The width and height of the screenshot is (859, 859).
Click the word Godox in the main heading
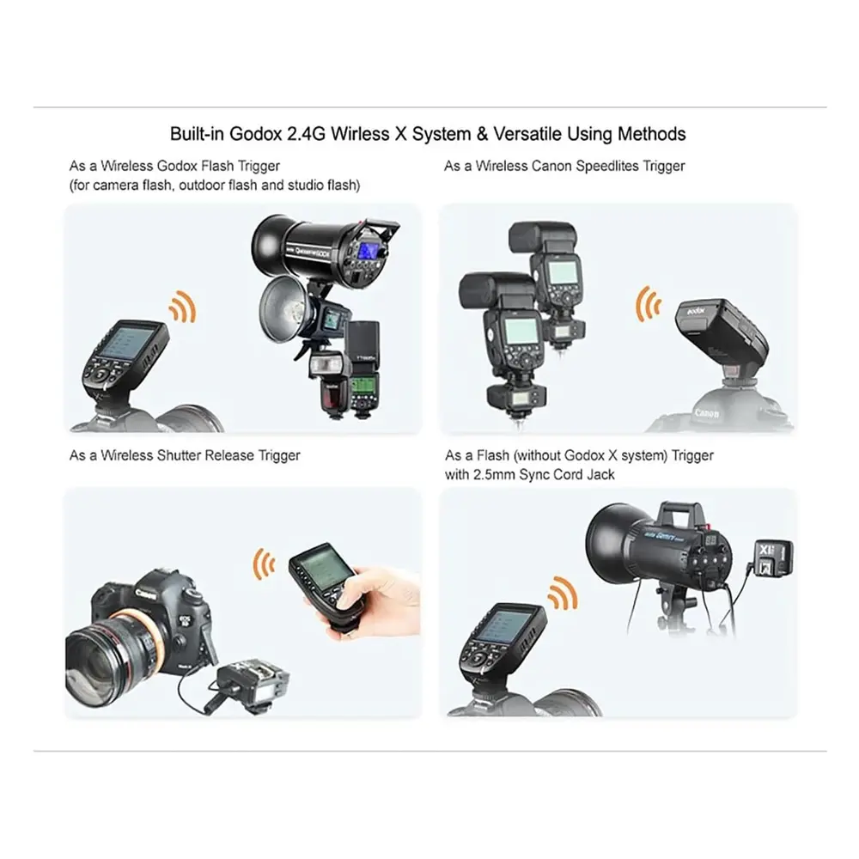[255, 134]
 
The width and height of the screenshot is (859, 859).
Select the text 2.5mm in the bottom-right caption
[494, 474]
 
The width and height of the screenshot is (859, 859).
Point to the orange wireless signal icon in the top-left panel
[183, 307]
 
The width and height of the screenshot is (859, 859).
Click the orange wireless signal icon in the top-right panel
[649, 303]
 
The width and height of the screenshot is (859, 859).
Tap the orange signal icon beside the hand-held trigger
[264, 564]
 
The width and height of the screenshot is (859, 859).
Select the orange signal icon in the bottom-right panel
[563, 594]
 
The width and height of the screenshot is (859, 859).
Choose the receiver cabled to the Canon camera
[252, 685]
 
